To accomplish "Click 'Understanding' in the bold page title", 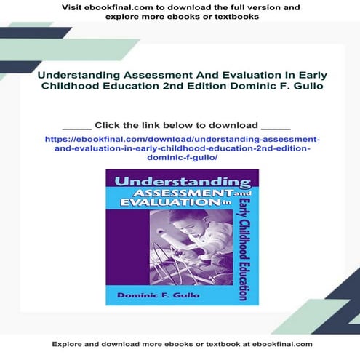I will pyautogui.click(x=75, y=74).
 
